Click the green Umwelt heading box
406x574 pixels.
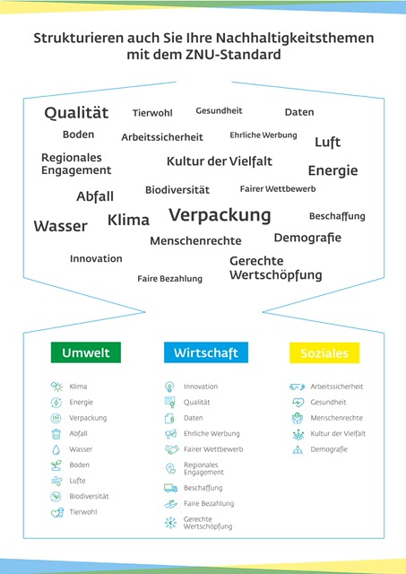(85, 352)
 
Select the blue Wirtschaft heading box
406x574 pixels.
(206, 352)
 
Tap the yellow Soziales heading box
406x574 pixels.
(324, 352)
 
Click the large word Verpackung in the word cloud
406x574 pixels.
(220, 215)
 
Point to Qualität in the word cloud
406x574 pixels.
(76, 112)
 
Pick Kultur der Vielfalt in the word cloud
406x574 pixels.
(220, 161)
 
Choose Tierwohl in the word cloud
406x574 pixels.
(152, 113)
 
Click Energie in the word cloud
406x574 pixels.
(333, 170)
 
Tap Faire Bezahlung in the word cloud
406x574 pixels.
(169, 279)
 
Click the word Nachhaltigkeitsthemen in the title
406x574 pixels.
(295, 38)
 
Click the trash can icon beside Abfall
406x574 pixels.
(56, 434)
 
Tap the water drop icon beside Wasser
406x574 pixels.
(56, 449)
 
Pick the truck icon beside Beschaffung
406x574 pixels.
(171, 488)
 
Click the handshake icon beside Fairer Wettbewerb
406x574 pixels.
(171, 449)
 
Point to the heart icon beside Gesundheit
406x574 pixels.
(298, 403)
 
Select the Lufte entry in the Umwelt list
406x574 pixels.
(78, 481)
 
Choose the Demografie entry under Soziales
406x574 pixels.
(329, 449)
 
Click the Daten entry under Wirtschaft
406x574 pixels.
(193, 418)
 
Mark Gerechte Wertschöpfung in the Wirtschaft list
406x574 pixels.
(208, 523)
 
